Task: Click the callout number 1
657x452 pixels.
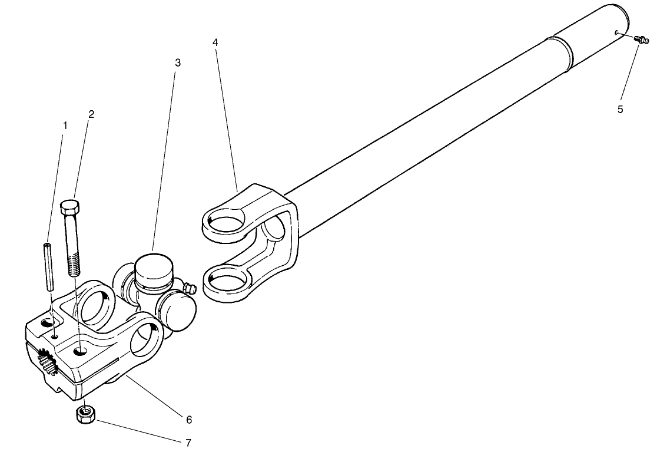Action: coord(65,125)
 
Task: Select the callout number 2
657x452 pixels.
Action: coord(91,114)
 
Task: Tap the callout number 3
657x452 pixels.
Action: coord(178,62)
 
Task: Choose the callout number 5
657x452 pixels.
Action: coord(620,108)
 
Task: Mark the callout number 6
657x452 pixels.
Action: coord(189,420)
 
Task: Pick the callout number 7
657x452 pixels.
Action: coord(188,441)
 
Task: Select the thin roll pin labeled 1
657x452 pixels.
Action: coord(48,265)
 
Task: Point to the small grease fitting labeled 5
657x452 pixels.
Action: coord(641,40)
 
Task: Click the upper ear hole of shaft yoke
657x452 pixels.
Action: coord(227,222)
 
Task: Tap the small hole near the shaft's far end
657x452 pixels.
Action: coord(616,34)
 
